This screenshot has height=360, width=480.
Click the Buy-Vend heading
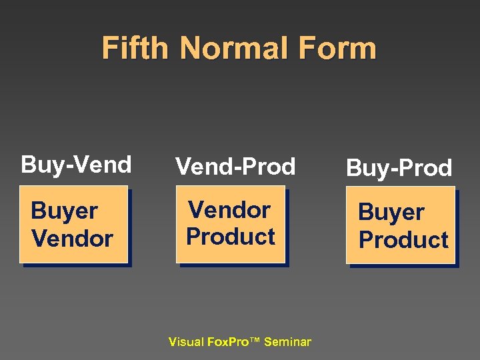point(76,164)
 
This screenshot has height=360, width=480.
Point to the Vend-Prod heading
point(235,167)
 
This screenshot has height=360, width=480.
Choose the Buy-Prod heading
point(399,168)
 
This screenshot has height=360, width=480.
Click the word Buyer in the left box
point(64,211)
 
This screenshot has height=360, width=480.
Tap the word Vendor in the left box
point(72,238)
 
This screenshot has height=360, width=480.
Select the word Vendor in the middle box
point(229,210)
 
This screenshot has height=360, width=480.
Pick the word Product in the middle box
point(231,237)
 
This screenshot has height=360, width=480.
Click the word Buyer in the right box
point(391,213)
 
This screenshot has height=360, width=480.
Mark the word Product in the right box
point(403,239)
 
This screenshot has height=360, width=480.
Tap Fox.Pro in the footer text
point(225,342)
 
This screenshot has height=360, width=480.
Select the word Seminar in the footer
point(287,342)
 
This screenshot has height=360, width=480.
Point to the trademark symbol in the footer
point(255,341)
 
